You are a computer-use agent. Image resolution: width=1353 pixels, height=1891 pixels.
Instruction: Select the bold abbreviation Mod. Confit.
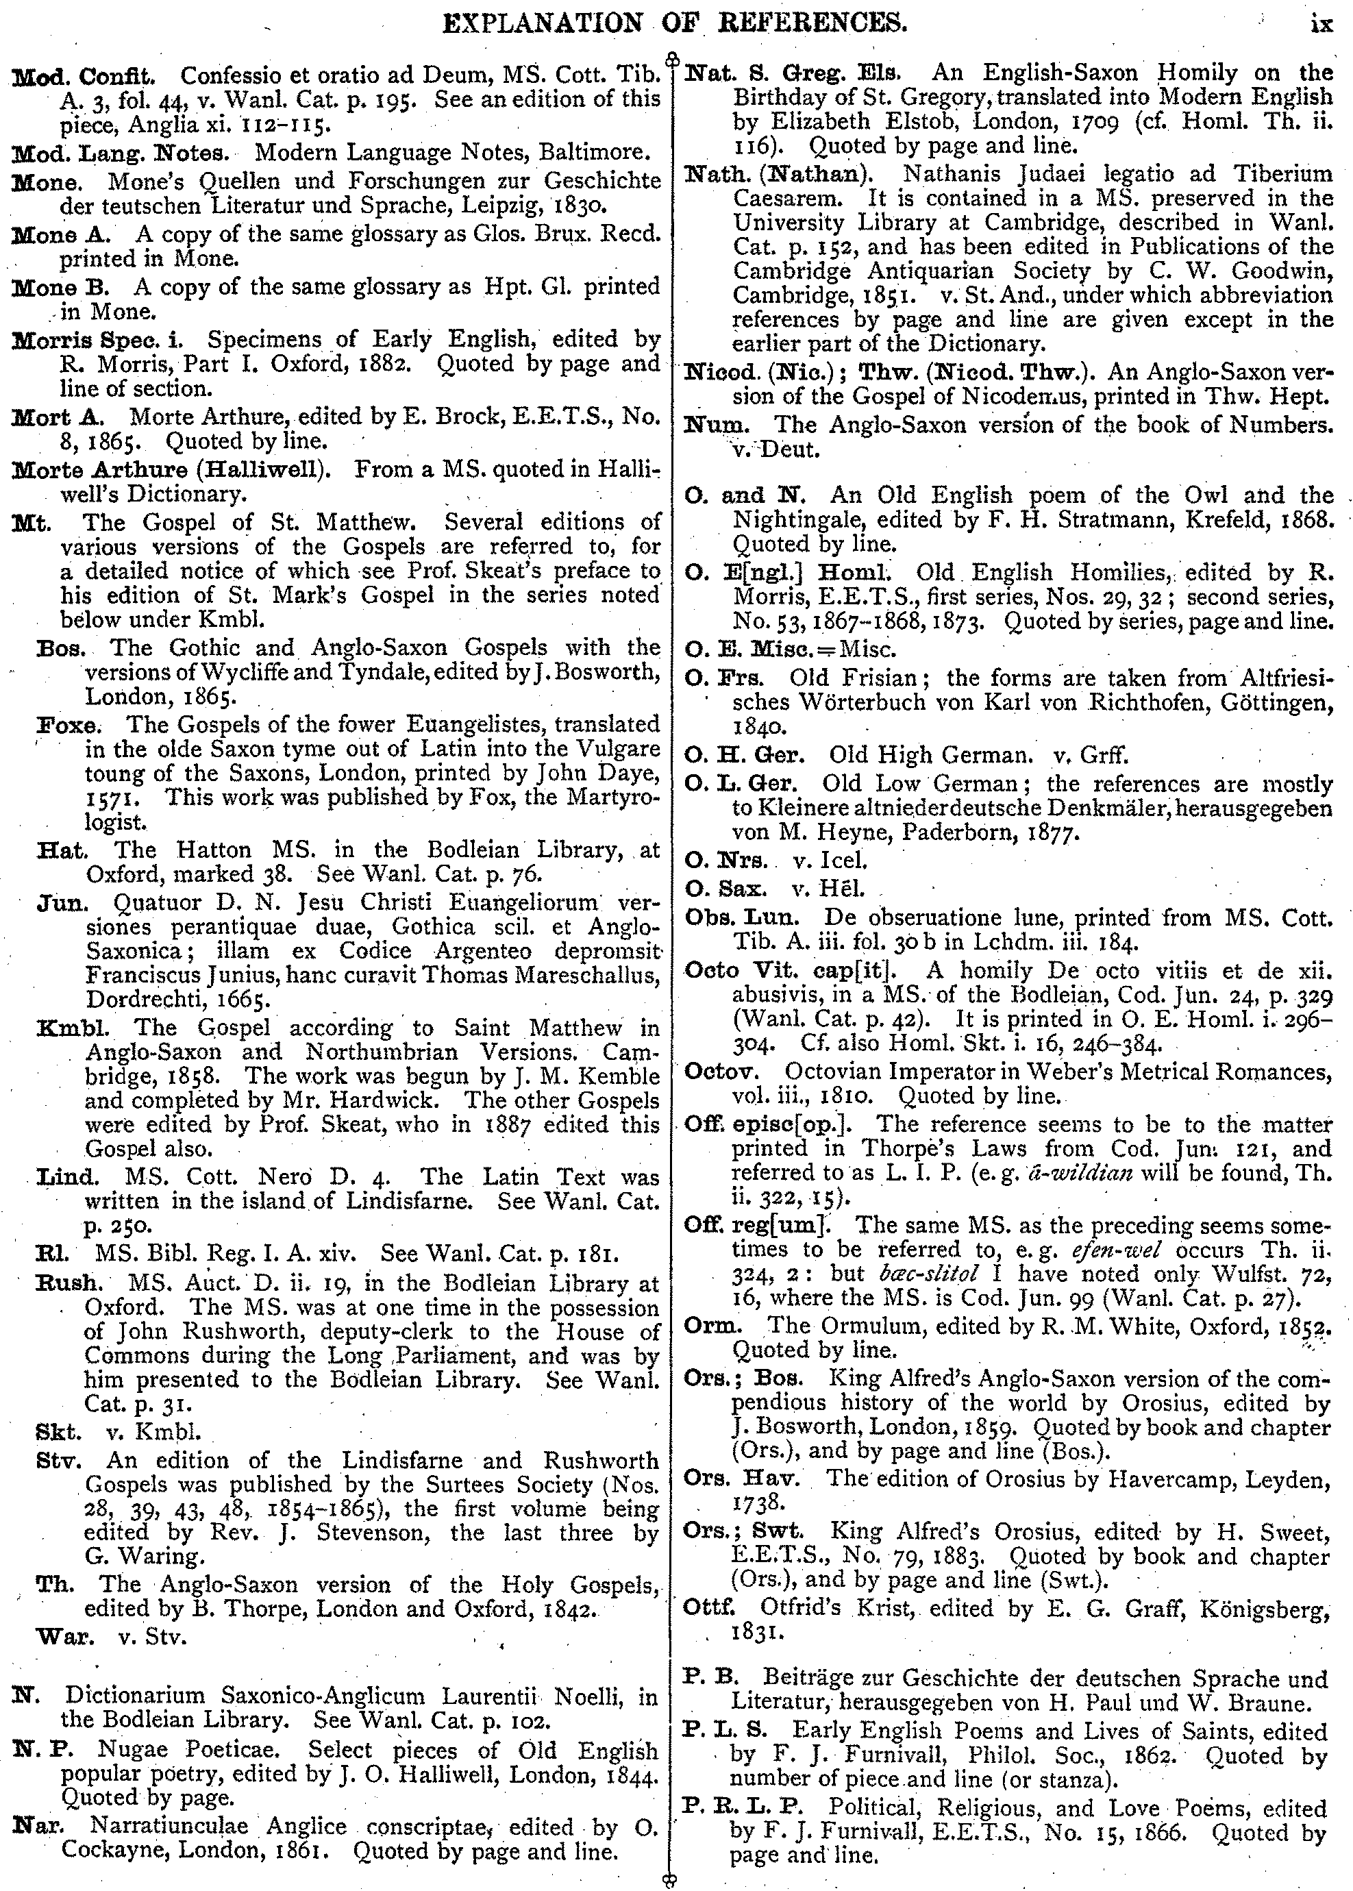point(84,77)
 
